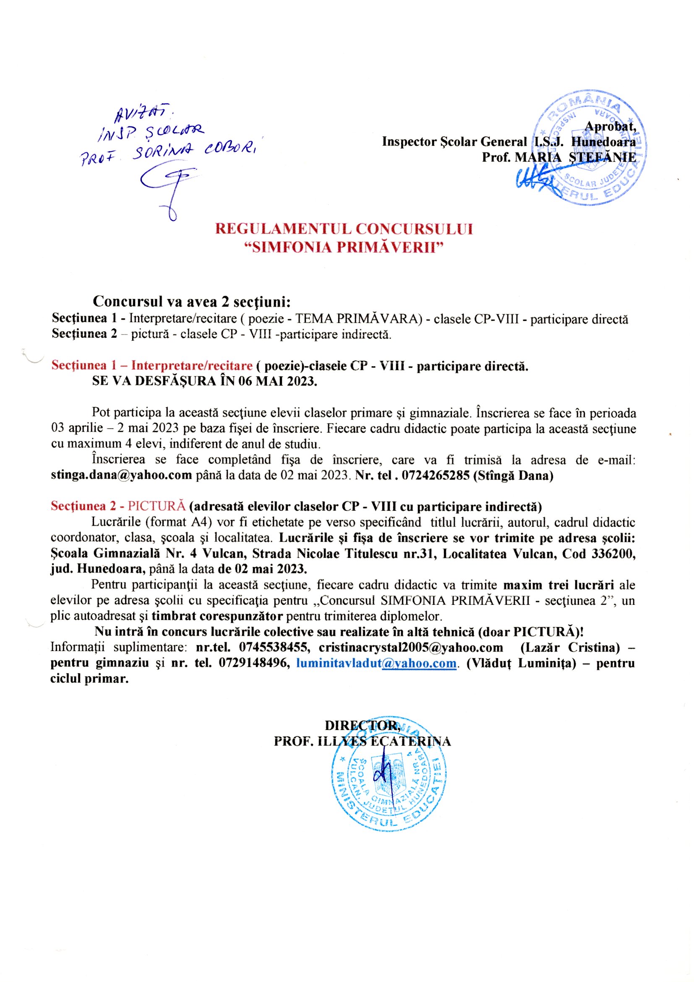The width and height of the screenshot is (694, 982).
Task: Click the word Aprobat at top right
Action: (x=610, y=126)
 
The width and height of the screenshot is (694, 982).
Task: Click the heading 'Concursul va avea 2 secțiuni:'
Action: (x=192, y=302)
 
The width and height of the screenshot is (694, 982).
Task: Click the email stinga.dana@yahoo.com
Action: (x=121, y=475)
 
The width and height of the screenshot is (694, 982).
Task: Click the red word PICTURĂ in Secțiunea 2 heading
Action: (x=157, y=507)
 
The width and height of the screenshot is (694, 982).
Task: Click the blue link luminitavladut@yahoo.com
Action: (x=376, y=663)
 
